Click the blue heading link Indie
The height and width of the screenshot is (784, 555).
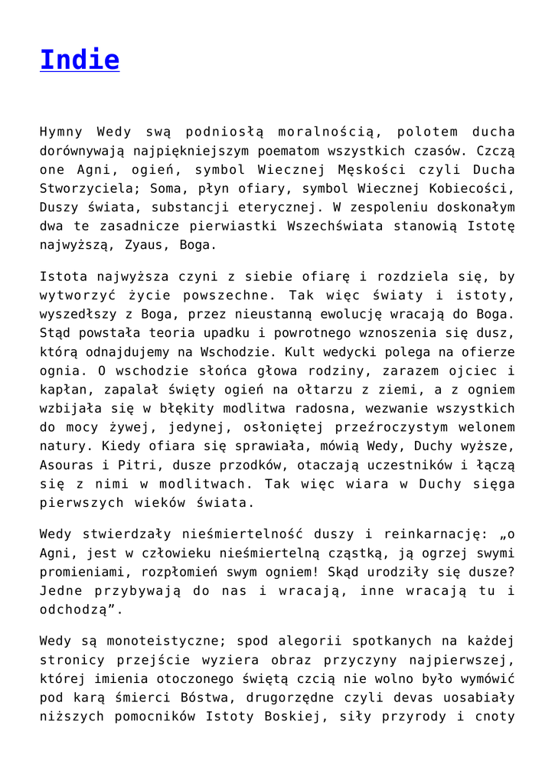click(80, 60)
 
